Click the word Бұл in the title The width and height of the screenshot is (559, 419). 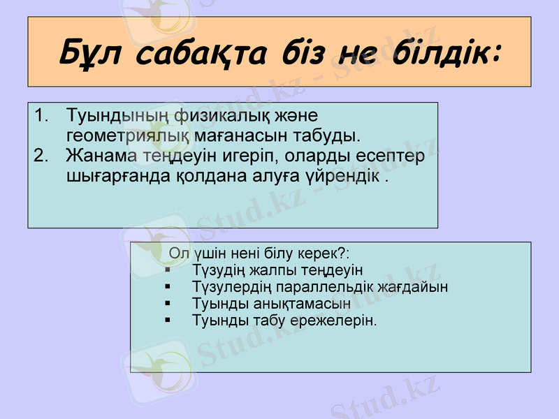(90, 53)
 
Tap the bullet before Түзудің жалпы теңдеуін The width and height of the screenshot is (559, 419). (168, 269)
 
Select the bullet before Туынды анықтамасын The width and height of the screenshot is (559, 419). (168, 304)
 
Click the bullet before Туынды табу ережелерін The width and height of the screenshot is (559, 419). (168, 321)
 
